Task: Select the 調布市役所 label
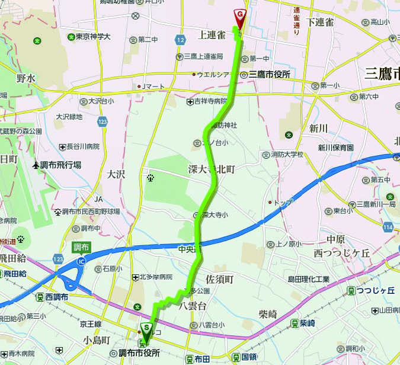[x=139, y=353]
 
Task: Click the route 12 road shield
[x=180, y=39]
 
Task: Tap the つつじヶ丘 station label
[x=375, y=290]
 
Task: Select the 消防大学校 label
[x=286, y=154]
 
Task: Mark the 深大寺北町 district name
[x=212, y=169]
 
